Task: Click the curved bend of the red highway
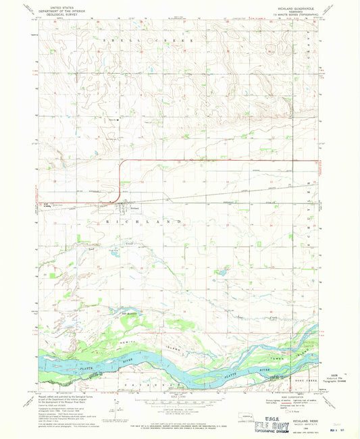pyautogui.click(x=122, y=164)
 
